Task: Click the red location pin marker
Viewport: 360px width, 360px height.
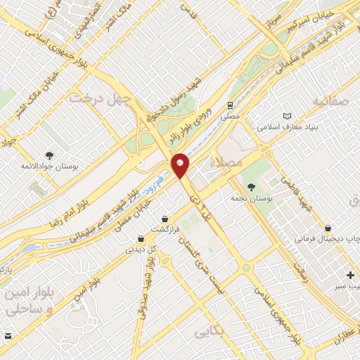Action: click(181, 165)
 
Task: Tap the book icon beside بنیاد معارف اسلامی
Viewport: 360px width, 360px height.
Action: click(286, 115)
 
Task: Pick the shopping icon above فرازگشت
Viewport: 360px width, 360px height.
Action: click(165, 219)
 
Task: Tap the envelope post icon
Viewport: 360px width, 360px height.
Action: click(8, 335)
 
